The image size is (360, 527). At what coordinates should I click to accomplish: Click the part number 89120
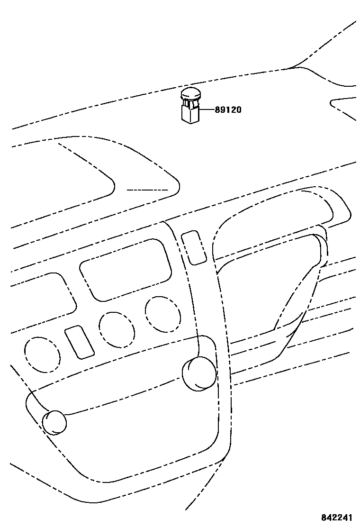228,110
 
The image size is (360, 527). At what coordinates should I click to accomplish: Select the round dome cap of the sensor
191,93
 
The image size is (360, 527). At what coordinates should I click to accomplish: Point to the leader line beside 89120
206,109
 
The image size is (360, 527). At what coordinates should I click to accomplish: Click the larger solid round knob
199,374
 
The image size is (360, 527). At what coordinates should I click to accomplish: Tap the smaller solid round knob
54,422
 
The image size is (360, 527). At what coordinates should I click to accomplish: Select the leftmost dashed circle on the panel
43,353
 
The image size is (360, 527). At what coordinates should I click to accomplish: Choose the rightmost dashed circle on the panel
163,314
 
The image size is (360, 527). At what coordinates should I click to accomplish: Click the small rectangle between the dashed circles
79,342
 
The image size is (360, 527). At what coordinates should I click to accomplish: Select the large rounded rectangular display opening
126,269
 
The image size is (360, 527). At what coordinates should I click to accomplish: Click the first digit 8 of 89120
217,110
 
